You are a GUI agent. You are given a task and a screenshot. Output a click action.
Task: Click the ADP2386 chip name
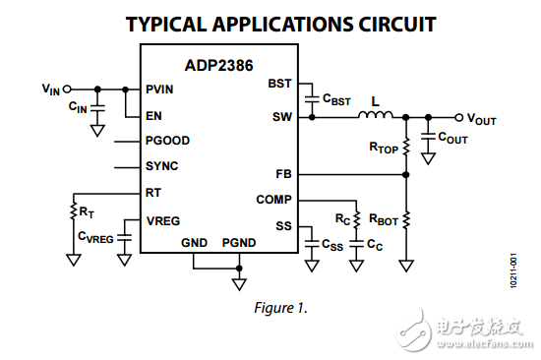[x=218, y=65]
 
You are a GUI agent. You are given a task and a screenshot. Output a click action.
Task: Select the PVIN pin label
[x=159, y=90]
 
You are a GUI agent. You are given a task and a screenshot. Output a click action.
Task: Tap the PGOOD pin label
[x=167, y=141]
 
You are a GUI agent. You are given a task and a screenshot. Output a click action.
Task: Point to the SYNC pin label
[x=162, y=166]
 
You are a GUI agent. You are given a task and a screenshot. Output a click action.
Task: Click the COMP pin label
[x=274, y=200]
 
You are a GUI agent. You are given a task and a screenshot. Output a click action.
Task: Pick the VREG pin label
[x=163, y=221]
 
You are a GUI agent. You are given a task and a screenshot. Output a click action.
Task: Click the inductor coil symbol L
[x=375, y=114]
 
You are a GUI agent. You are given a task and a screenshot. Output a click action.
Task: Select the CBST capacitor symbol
[x=312, y=99]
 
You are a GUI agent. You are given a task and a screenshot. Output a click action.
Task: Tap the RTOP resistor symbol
[x=406, y=147]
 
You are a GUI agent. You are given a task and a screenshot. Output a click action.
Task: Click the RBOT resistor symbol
[x=406, y=219]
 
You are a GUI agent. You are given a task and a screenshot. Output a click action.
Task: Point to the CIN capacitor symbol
[x=97, y=107]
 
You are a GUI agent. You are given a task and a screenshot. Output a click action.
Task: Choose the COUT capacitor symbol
[x=428, y=136]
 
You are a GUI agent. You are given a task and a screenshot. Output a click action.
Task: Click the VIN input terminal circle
[x=67, y=90]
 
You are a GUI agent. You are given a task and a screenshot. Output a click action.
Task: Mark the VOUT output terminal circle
[x=458, y=117]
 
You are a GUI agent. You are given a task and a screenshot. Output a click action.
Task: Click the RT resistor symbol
[x=73, y=210]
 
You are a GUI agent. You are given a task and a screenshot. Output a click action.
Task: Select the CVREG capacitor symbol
[x=124, y=238]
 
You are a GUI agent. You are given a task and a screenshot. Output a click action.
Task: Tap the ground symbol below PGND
[x=239, y=284]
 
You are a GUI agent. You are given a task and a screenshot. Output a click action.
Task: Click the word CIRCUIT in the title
[x=397, y=25]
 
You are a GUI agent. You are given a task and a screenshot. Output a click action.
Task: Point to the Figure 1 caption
[x=280, y=307]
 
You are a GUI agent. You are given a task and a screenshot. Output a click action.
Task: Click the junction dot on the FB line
[x=406, y=175]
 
